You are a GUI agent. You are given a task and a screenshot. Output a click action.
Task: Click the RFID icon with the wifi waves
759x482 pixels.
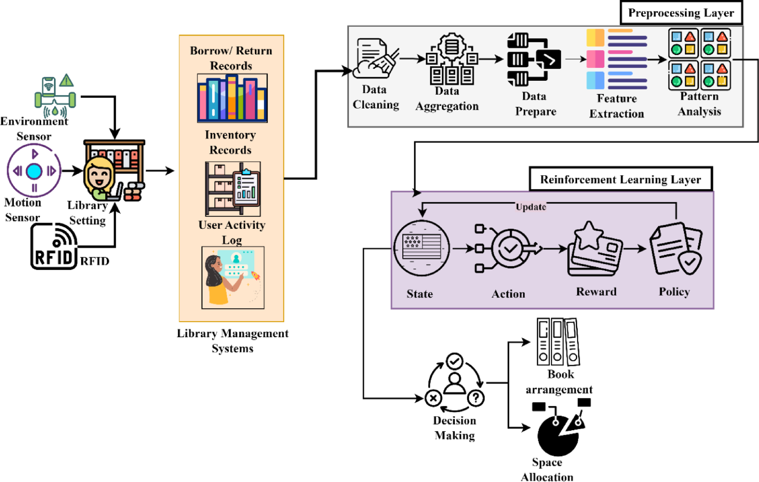54,246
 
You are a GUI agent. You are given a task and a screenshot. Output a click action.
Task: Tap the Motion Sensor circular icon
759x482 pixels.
34,171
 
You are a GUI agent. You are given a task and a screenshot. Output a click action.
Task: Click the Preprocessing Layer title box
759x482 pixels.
681,13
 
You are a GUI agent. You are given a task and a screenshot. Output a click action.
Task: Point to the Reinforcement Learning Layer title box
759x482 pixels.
620,179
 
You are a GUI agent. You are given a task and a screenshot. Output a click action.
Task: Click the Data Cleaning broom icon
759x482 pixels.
375,59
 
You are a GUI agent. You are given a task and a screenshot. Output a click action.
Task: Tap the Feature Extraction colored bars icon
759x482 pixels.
617,59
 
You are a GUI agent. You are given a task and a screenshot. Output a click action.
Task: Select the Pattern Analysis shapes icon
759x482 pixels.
699,59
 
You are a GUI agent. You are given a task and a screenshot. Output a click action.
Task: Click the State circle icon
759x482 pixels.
422,248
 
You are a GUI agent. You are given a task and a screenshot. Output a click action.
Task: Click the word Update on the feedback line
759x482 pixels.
531,207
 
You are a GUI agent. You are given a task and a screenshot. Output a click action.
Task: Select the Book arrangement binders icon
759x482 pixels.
558,342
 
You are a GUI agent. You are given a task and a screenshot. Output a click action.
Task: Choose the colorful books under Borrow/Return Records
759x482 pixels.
232,98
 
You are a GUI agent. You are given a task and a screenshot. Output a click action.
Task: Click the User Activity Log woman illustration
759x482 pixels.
232,277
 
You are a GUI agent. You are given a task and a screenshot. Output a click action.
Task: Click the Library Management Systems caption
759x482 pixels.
232,341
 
